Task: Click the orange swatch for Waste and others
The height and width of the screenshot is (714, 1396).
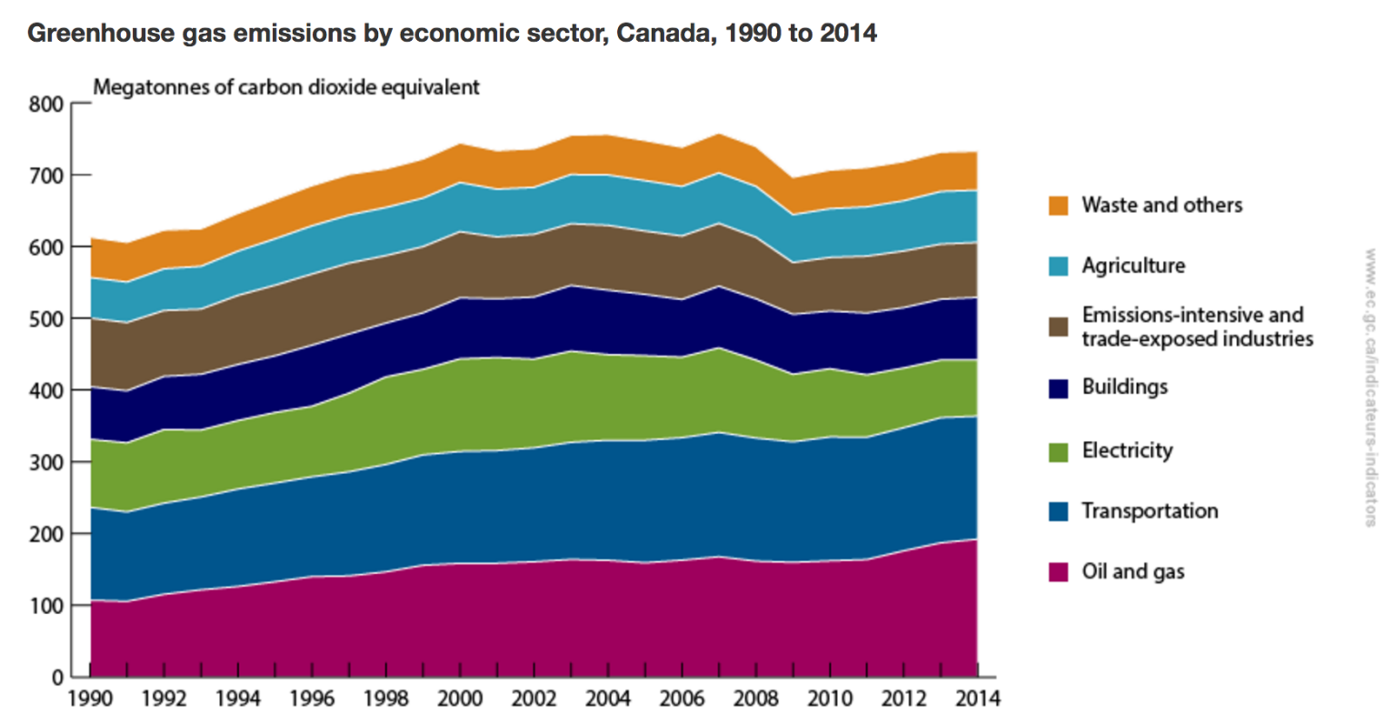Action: tap(1058, 206)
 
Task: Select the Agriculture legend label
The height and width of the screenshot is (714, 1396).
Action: tap(1133, 266)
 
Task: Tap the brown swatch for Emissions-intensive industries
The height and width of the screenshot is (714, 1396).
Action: tap(1058, 327)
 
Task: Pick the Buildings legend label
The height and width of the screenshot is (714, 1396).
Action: tap(1124, 387)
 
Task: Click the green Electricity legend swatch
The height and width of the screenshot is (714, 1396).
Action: tap(1058, 451)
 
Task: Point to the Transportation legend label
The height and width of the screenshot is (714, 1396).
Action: tap(1150, 511)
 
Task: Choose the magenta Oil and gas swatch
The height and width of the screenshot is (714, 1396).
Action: tap(1058, 572)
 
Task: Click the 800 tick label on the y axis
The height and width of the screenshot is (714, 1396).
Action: tap(47, 104)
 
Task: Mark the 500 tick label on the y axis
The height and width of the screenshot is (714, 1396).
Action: tap(47, 319)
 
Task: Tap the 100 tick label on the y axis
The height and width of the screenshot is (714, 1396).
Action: tap(47, 606)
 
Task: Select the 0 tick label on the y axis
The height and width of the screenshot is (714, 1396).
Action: tap(56, 678)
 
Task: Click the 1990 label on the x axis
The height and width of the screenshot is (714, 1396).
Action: tap(91, 699)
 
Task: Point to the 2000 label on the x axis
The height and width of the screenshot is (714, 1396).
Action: tap(461, 699)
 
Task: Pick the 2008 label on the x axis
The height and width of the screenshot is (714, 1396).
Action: tap(756, 699)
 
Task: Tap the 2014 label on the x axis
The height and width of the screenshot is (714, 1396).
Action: tap(978, 699)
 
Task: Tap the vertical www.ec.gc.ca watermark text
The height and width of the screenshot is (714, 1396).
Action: tap(1370, 387)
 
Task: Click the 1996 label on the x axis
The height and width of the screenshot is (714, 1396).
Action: tap(313, 699)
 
